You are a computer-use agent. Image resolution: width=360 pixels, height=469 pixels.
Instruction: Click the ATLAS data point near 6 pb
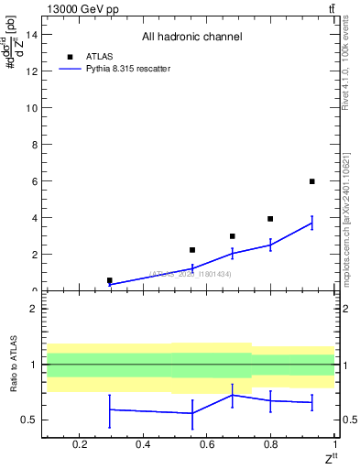coord(311,181)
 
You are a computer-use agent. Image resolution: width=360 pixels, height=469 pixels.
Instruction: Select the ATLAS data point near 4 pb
coord(270,219)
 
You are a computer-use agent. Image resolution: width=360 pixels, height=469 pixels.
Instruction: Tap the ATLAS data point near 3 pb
coord(233,236)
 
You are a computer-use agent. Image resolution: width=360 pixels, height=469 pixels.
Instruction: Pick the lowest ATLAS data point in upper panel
coord(110,280)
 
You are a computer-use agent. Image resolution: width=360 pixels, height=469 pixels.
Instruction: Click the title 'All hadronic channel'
coord(191,37)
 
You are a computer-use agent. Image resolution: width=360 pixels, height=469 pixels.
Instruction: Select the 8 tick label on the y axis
coord(34,145)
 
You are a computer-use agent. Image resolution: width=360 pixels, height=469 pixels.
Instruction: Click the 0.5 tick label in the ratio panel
coord(30,420)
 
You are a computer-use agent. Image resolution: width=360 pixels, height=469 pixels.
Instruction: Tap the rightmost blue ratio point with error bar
coord(311,402)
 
